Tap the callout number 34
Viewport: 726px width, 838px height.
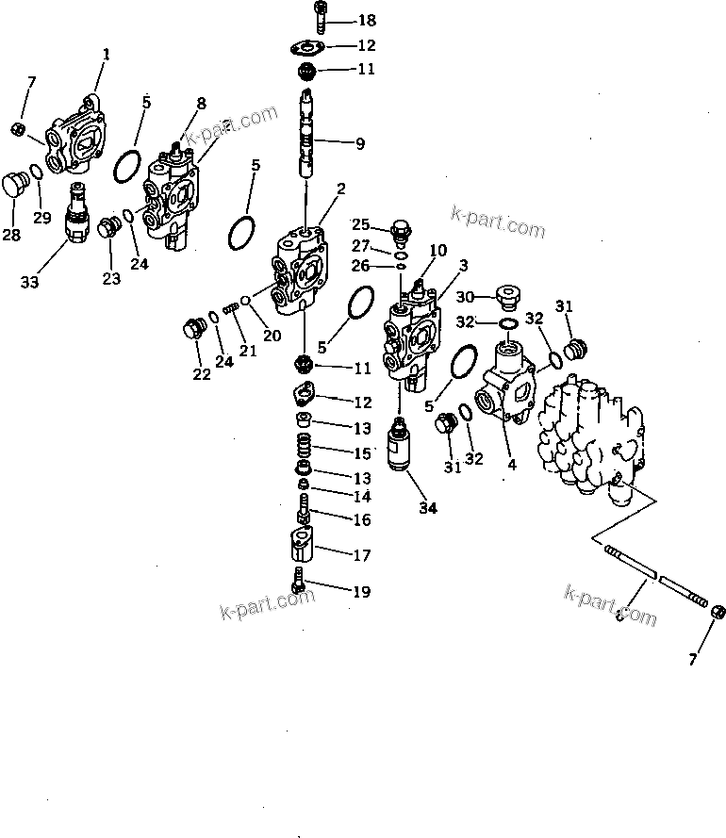tap(428, 508)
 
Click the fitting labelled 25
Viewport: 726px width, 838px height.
tap(400, 230)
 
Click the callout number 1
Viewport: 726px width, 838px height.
tap(106, 55)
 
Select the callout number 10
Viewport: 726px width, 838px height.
tap(438, 250)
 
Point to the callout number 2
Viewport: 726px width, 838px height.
tap(340, 189)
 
